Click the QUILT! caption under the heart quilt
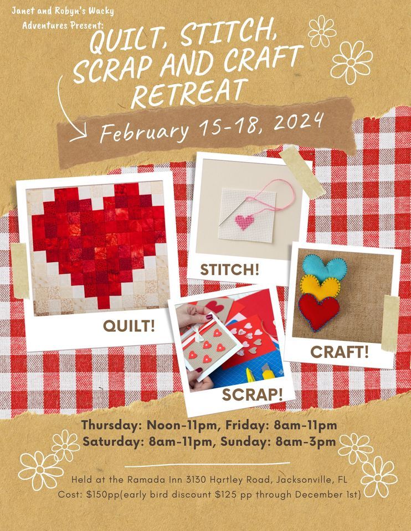coord(129,326)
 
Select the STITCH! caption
coord(229,269)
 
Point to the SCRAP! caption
coord(252,394)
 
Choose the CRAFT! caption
coord(340,352)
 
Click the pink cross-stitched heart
coord(245,222)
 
